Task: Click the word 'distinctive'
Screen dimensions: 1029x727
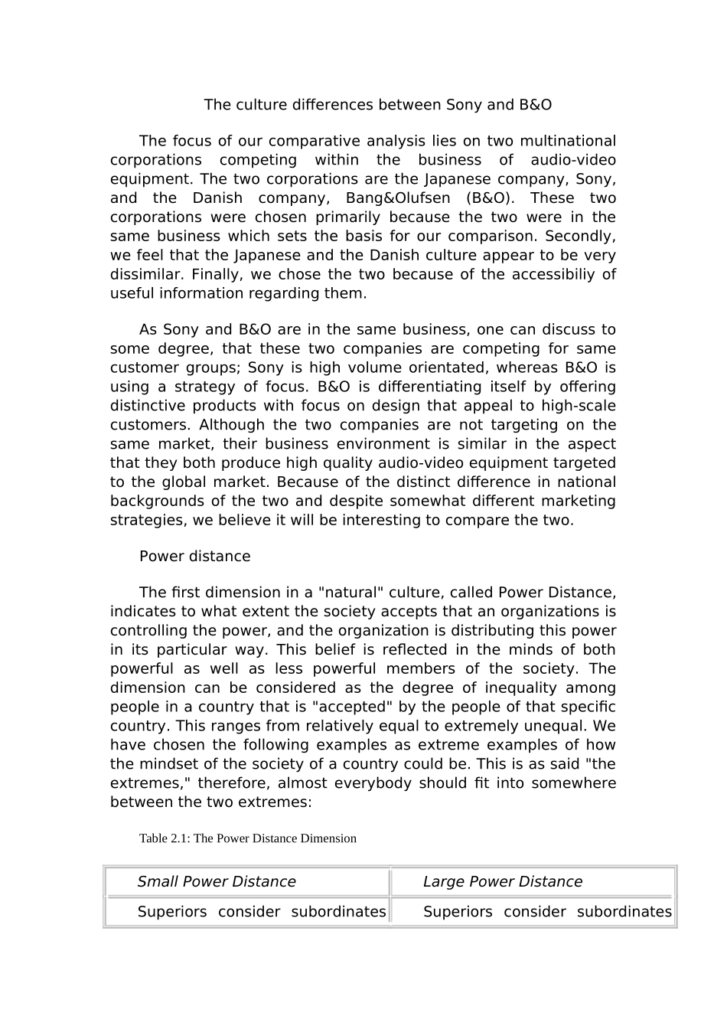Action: [148, 406]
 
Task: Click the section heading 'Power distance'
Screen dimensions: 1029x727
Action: [194, 557]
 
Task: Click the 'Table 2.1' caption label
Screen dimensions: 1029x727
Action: [165, 838]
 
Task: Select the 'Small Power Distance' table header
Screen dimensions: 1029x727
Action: [217, 882]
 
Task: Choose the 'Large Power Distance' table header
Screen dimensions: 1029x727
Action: [502, 882]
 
